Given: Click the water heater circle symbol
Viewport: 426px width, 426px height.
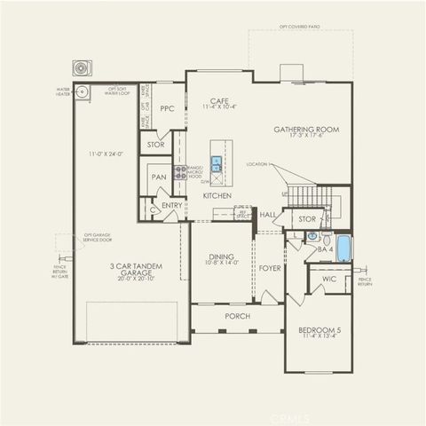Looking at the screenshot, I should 83,91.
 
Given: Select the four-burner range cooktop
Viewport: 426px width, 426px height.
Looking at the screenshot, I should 180,172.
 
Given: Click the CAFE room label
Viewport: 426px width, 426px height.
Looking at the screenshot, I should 220,101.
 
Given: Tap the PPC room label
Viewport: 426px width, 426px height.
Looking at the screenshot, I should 167,109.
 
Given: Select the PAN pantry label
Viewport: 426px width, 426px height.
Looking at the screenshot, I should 159,177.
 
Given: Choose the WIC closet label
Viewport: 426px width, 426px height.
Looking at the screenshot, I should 329,279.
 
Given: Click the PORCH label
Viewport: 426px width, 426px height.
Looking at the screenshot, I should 237,316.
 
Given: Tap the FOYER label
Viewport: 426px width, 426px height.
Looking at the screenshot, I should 269,267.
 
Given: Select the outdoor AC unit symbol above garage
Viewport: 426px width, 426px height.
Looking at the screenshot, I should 83,67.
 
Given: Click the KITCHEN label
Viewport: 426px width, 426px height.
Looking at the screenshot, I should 217,195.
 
